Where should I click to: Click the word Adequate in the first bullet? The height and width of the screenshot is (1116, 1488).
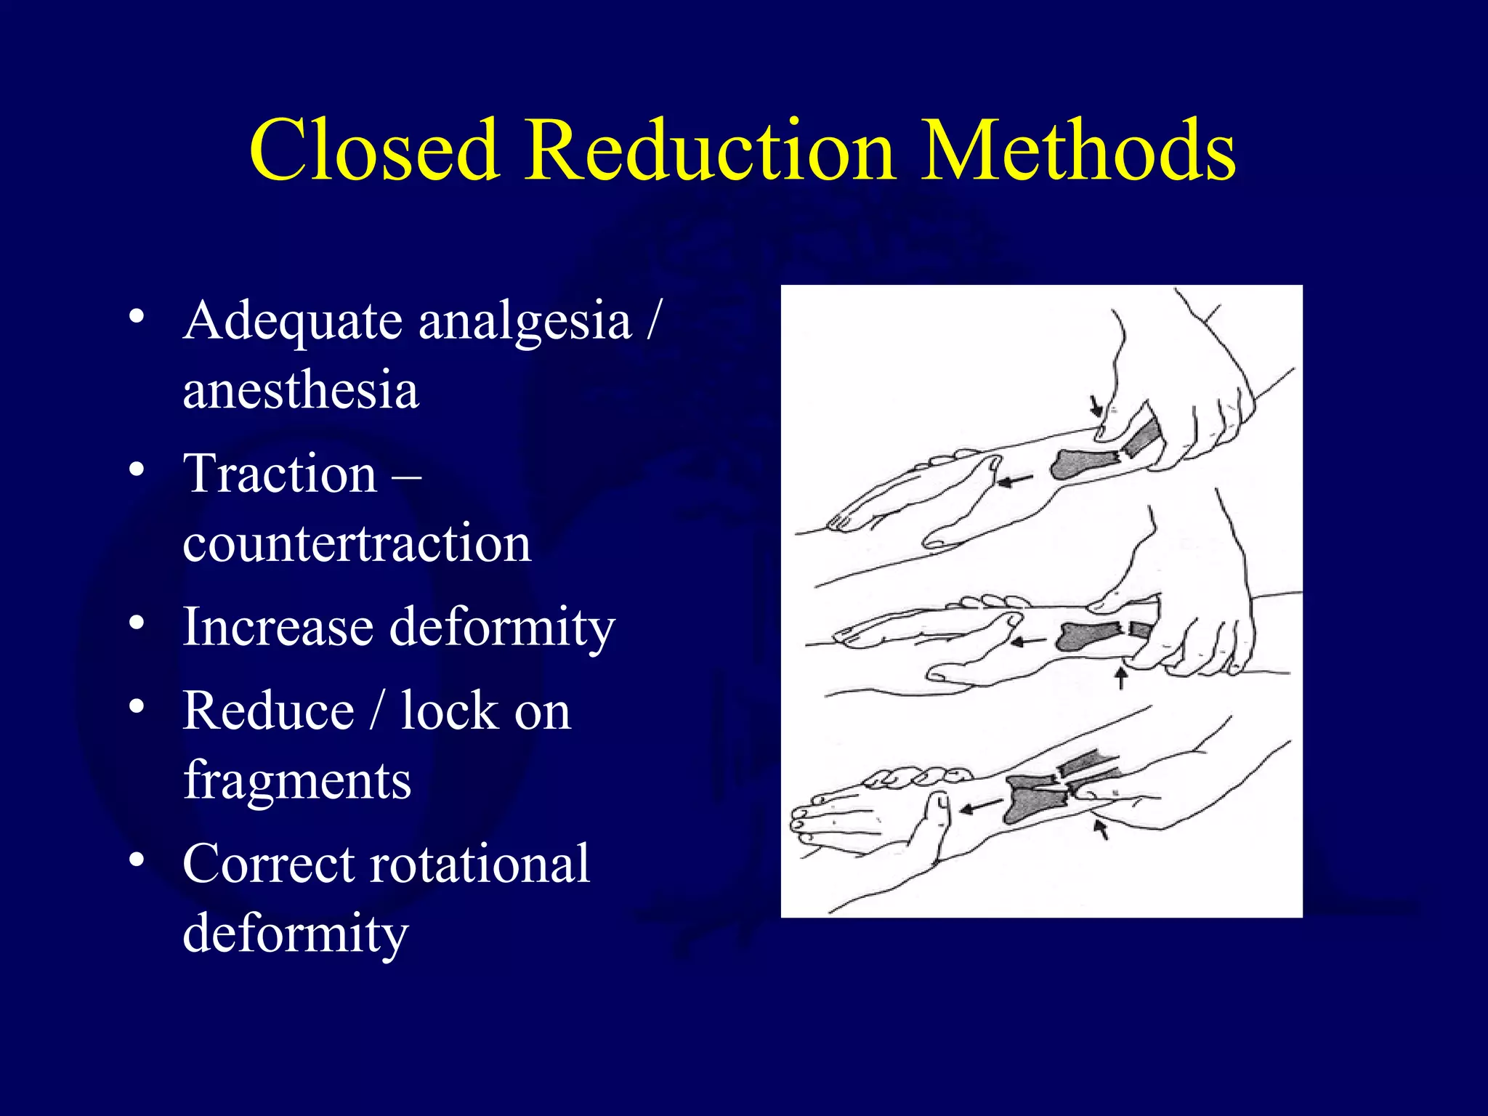coord(291,321)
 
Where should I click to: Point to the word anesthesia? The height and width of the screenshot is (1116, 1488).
coord(301,390)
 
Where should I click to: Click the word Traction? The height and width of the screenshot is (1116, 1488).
coord(280,474)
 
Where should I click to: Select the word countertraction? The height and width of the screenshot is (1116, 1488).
coord(357,543)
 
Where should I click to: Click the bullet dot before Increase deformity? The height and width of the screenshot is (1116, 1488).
coord(136,623)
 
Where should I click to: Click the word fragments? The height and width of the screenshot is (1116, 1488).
coord(297,780)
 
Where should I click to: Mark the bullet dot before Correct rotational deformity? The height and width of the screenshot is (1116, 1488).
coord(136,860)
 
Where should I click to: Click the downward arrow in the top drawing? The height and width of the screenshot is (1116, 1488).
coord(1096,405)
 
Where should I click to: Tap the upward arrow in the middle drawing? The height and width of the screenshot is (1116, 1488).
coord(1121,678)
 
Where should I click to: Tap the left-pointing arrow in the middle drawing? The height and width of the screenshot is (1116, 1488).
coord(1029,642)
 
